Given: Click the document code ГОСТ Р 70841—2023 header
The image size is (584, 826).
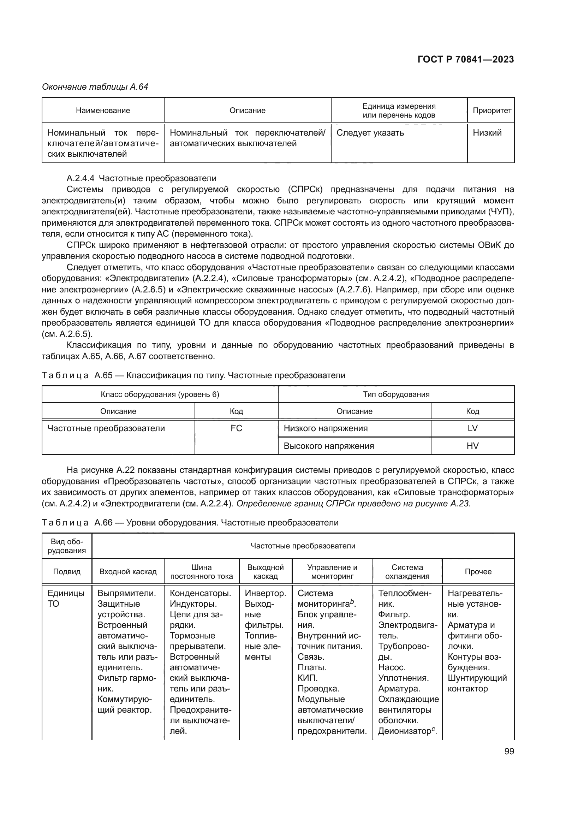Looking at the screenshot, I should coord(466,60).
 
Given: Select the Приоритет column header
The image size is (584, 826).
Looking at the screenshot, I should coord(491,111).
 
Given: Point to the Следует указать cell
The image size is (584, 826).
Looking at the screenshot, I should coord(370,133).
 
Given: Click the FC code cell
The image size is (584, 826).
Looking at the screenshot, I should coord(236,428).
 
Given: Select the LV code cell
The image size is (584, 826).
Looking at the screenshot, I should coord(472,428).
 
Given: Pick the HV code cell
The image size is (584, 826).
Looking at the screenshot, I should coord(472,446).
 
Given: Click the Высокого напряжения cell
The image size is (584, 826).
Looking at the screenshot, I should coord(329,446).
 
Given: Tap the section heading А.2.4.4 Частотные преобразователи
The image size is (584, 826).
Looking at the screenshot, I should coord(141,178).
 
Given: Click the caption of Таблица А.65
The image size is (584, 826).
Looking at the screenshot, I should coord(193,376).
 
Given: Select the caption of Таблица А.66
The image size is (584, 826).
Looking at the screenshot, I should coord(190,523).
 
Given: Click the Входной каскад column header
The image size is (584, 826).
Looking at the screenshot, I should coord(128,572).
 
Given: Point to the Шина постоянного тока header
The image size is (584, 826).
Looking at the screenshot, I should coord(201,572).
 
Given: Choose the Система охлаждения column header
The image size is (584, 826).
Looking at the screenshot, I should coord(407,572).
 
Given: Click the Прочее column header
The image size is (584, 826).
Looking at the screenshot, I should coord(478,572).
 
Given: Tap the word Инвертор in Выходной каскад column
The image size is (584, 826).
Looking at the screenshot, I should coord(265,594).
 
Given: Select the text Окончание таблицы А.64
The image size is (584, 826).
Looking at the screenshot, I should coord(95,87).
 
